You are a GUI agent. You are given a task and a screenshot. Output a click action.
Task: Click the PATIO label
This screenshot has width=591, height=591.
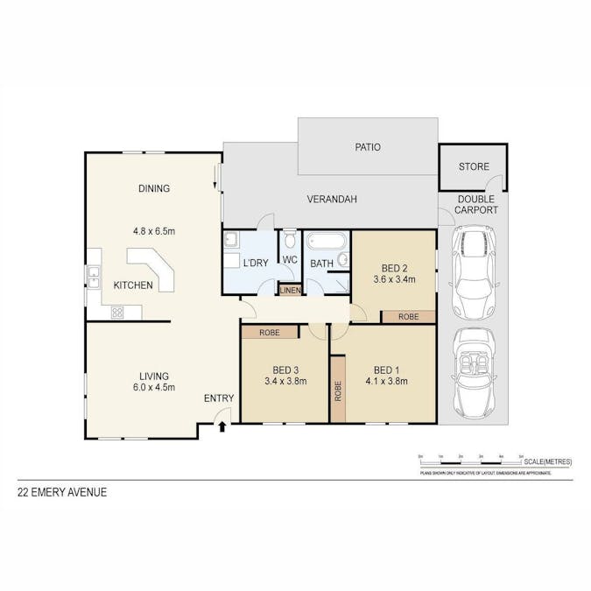tap(368, 147)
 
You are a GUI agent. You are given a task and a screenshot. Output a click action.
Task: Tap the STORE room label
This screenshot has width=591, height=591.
tap(474, 166)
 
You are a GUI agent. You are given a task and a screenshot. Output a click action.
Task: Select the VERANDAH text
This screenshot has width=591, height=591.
tap(331, 200)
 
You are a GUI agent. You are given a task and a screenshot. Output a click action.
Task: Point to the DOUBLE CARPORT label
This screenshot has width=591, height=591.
tap(477, 205)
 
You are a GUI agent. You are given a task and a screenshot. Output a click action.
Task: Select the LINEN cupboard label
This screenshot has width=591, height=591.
tap(290, 291)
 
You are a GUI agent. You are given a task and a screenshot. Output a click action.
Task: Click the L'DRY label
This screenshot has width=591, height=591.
tap(256, 263)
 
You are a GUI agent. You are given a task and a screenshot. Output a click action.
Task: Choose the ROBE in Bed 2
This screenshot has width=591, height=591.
tap(408, 316)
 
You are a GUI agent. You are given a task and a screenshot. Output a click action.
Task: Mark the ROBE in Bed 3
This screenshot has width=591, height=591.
tap(269, 333)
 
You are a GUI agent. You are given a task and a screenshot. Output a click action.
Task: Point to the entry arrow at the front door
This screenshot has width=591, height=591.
tap(222, 426)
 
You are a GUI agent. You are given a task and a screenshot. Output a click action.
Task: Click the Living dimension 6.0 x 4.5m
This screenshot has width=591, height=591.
tap(153, 387)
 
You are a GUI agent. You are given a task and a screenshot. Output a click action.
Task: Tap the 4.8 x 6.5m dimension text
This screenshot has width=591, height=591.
tap(153, 232)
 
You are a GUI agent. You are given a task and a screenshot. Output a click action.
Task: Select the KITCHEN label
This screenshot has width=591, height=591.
tap(133, 285)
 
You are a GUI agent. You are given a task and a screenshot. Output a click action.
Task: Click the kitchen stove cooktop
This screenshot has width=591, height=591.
tap(116, 312)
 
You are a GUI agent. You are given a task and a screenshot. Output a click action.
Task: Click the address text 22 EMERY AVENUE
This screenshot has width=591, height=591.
tap(62, 492)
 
